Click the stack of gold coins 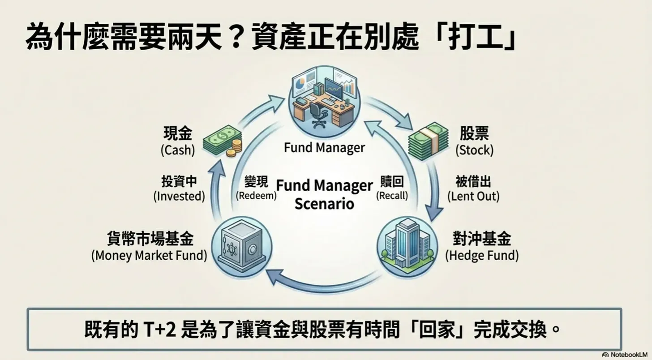coord(234,147)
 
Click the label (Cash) coord(178,150)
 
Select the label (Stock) coord(474,150)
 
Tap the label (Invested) coord(179,196)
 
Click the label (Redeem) coord(256,196)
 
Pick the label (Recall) coord(392,196)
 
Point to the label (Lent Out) coord(473,196)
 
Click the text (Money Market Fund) coord(149,256)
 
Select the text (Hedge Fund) coord(481,256)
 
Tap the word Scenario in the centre coord(324,204)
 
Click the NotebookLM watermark coord(626,355)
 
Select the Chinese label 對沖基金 coord(481,240)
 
